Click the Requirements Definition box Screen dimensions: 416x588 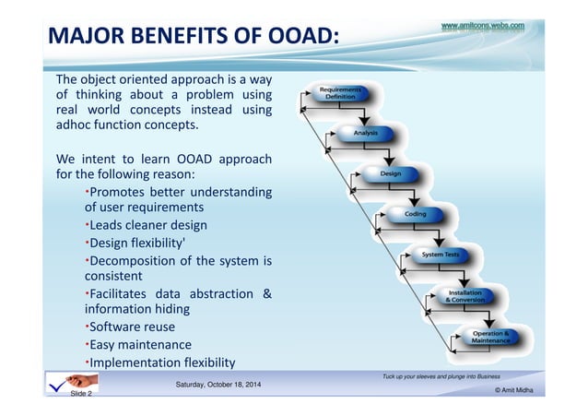tap(340, 93)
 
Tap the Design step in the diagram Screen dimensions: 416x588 tap(390, 173)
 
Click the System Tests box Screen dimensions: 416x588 tap(441, 254)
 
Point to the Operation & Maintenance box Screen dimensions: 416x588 tap(490, 337)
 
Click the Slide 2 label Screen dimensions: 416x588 tap(81, 394)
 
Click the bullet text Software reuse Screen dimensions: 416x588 tap(131, 327)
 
